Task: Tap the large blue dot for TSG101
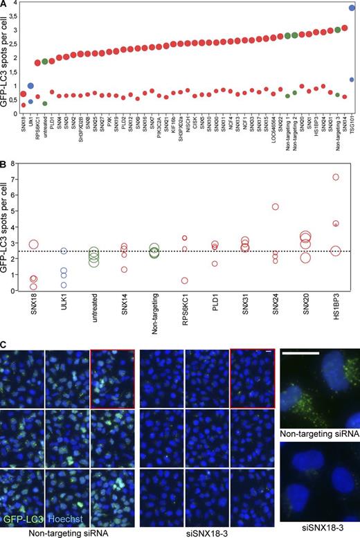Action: pyautogui.click(x=353, y=8)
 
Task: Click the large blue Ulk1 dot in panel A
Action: pyautogui.click(x=30, y=86)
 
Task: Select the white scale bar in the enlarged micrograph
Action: pyautogui.click(x=300, y=353)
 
